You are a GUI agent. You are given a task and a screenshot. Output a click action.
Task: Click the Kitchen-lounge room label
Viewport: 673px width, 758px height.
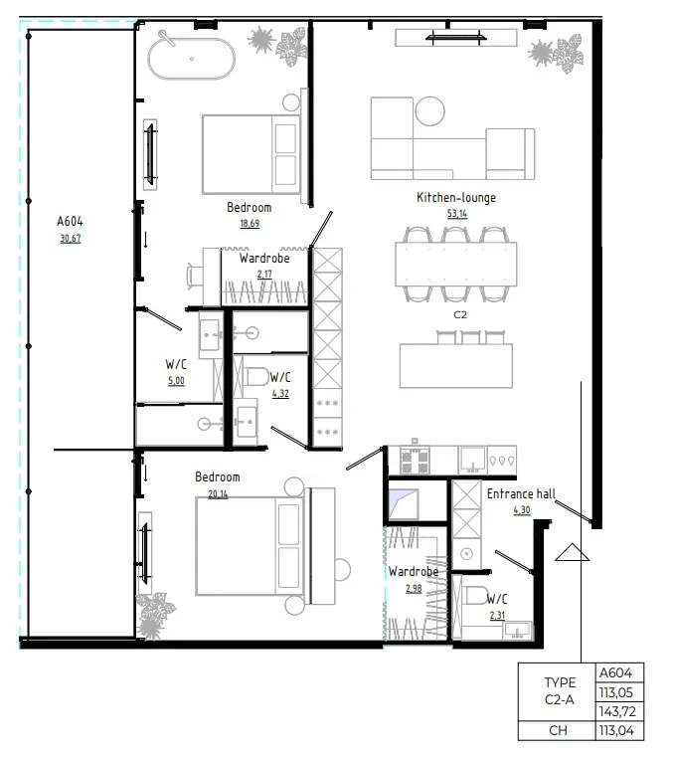click(455, 198)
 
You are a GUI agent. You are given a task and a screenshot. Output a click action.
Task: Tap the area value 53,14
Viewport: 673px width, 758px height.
click(455, 213)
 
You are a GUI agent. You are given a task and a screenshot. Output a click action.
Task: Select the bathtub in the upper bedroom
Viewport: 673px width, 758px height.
click(193, 59)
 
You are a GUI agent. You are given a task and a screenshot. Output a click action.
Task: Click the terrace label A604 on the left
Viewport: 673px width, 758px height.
click(71, 222)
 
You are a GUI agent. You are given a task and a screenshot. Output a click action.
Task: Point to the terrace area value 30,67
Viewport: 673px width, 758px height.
click(71, 238)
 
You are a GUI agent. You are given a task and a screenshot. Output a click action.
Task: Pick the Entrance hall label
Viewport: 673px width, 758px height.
click(521, 493)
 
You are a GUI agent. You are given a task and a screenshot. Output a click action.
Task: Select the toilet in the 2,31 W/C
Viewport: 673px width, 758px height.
click(474, 598)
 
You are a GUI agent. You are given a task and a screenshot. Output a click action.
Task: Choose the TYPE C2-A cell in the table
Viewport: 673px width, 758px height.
click(559, 692)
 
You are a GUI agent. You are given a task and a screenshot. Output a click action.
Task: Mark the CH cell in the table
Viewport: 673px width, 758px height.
click(559, 731)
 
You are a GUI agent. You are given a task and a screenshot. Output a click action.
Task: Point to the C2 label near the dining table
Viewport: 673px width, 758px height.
click(460, 314)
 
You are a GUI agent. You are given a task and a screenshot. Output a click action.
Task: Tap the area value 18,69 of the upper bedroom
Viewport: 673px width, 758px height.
click(248, 223)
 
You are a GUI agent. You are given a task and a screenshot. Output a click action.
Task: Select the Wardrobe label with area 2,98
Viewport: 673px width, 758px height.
click(415, 572)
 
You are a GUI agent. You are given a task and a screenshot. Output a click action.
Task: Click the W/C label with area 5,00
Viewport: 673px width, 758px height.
click(176, 364)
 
